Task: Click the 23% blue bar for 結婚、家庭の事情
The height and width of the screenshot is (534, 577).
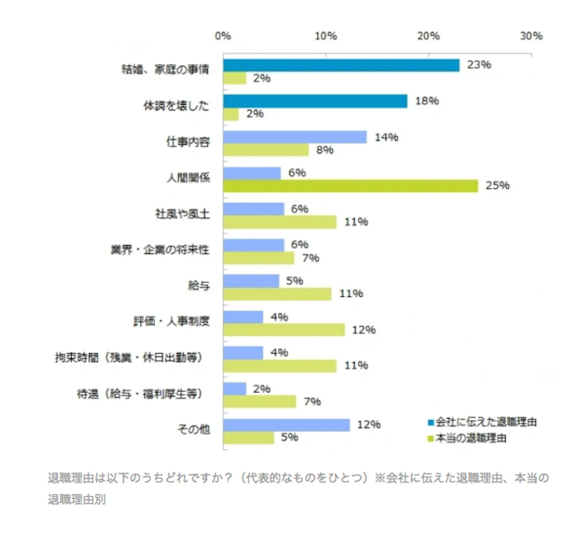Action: [341, 65]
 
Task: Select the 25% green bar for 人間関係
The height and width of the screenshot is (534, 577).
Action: [351, 186]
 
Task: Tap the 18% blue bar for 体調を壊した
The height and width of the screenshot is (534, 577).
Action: [315, 101]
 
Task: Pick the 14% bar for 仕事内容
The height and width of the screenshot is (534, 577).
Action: [295, 137]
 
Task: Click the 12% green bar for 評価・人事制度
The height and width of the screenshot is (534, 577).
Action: [284, 330]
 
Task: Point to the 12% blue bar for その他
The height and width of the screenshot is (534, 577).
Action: [286, 425]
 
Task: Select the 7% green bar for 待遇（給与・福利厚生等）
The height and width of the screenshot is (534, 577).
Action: [260, 401]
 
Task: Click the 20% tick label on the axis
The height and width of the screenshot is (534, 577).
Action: [428, 36]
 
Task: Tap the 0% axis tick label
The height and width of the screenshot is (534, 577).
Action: [223, 36]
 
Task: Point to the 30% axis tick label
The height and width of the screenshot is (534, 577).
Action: [531, 36]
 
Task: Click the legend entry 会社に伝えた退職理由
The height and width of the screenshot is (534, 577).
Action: [482, 422]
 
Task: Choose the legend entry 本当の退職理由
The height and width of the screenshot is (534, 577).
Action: [467, 438]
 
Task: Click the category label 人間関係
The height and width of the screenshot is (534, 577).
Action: [188, 177]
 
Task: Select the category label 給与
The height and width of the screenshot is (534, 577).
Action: [199, 286]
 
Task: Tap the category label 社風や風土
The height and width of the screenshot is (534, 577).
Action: [182, 214]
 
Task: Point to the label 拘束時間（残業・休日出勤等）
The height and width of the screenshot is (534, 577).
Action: [129, 357]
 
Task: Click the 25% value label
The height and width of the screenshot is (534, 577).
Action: [498, 185]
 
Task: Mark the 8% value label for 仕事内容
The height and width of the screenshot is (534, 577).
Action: [325, 150]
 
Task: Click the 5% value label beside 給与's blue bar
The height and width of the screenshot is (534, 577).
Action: [295, 281]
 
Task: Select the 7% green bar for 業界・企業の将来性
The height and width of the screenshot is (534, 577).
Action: [258, 258]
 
